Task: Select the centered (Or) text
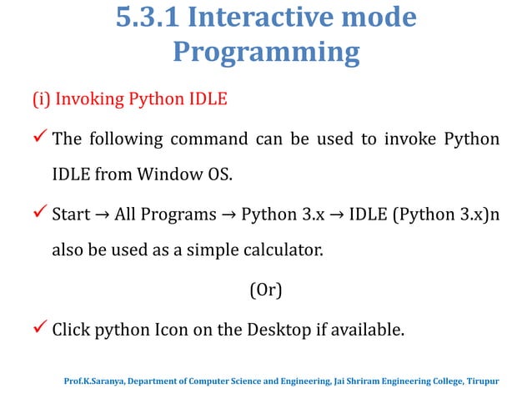pos(265,291)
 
